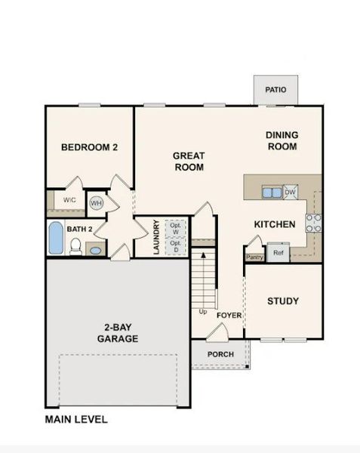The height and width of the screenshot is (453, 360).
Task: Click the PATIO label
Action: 275,90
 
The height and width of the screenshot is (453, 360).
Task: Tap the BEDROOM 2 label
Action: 89,148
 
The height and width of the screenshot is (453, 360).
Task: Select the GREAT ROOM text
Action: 189,162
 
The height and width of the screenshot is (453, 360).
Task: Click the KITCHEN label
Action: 274,224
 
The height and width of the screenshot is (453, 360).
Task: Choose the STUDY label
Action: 283,301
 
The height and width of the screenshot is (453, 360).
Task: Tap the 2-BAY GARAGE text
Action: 116,333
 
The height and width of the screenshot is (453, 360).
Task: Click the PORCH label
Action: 220,354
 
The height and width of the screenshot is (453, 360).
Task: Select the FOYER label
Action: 229,315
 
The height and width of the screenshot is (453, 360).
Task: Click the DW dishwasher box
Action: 291,193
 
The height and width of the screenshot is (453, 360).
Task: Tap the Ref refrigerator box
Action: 278,253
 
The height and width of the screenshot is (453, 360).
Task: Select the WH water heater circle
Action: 97,202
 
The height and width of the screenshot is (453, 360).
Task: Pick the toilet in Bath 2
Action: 75,246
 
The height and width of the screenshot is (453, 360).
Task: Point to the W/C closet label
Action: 69,200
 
